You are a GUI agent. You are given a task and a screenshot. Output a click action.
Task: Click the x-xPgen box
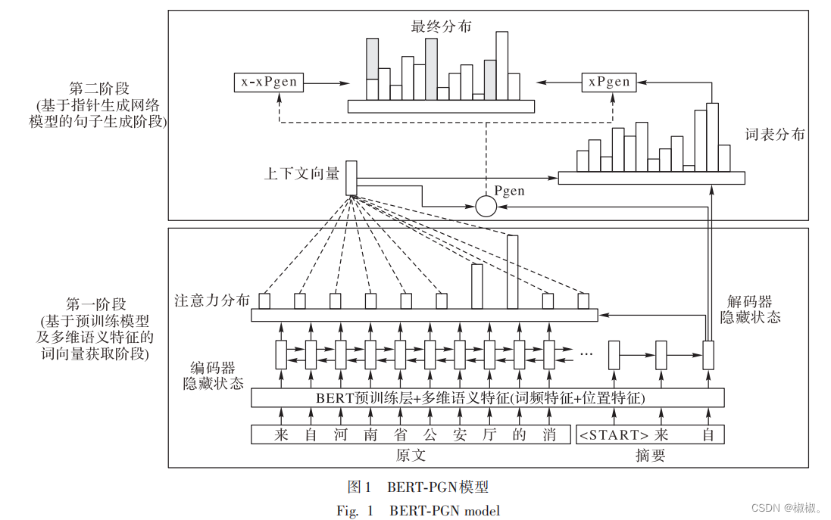pos(269,82)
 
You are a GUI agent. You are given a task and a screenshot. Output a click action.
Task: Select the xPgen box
pos(609,82)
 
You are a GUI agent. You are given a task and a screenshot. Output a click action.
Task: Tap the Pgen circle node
pos(486,206)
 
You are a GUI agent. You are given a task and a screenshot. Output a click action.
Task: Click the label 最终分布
pos(441,26)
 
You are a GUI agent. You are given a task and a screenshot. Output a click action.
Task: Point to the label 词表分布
pos(775,135)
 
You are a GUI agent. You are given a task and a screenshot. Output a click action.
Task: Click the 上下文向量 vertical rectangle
pos(351,178)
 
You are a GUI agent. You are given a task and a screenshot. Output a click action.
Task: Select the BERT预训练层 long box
pos(487,397)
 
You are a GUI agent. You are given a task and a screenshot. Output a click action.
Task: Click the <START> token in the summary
pos(614,434)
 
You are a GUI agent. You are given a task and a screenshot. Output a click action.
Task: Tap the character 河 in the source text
pos(340,434)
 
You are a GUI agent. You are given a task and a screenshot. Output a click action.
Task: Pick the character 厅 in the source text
pos(489,434)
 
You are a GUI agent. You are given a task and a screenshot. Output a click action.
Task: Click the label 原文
pos(411,456)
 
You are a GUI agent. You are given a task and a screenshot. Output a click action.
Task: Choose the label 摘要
pos(650,456)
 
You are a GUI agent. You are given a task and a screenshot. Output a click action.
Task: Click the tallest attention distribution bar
pos(512,272)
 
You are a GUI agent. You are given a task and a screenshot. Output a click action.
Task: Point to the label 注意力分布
pos(211,300)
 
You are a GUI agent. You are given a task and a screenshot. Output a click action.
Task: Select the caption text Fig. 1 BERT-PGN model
pos(418,510)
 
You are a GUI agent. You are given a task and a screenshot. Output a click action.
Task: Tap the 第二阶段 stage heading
pos(98,89)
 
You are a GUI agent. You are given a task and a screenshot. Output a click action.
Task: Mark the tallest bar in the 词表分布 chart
pos(712,137)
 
